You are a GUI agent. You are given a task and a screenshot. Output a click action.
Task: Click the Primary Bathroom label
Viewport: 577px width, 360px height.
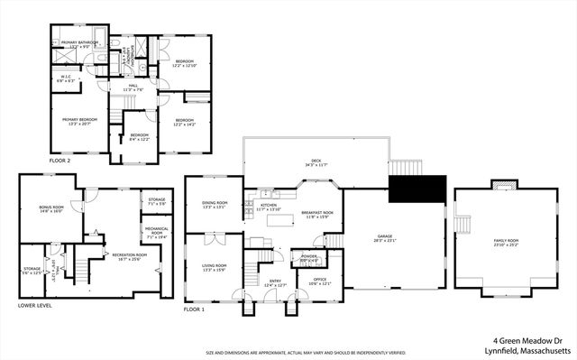pos(75,43)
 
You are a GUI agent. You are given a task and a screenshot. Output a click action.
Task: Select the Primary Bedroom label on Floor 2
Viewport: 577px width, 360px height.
pos(79,121)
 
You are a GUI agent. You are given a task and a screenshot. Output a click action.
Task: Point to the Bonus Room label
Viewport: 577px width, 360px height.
pos(52,209)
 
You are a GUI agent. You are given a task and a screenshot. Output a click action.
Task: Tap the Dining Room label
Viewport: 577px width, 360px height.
pos(215,206)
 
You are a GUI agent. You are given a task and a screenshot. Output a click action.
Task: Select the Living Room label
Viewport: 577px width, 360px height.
pos(215,267)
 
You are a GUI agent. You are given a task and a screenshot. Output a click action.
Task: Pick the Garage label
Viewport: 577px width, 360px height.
pos(393,239)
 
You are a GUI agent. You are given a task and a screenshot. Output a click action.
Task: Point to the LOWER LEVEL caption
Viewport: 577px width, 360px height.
pos(34,306)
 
